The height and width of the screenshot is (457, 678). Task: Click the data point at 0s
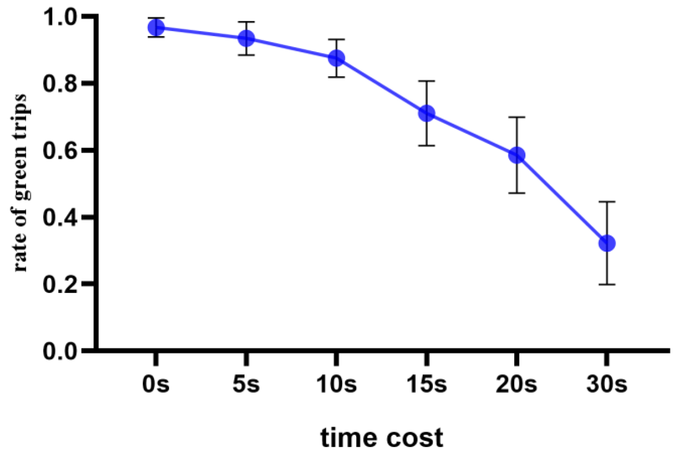pyautogui.click(x=156, y=27)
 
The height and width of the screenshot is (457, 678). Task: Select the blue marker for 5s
pyautogui.click(x=246, y=38)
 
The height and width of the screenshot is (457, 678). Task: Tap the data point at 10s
pyautogui.click(x=336, y=58)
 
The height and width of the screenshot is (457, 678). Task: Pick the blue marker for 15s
pyautogui.click(x=427, y=113)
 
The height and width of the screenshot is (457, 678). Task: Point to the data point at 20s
pyautogui.click(x=517, y=155)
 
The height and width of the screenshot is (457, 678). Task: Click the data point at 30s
pyautogui.click(x=607, y=243)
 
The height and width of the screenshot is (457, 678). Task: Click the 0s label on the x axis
pyautogui.click(x=156, y=384)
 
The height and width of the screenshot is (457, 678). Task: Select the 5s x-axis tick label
pyautogui.click(x=246, y=384)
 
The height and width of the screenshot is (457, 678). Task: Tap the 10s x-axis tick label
pyautogui.click(x=336, y=384)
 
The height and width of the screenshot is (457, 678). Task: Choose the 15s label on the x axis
pyautogui.click(x=427, y=384)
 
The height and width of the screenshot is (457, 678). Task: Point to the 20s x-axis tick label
pyautogui.click(x=516, y=384)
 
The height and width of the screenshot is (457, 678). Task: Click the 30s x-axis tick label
pyautogui.click(x=607, y=384)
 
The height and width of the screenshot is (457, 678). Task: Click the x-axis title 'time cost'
pyautogui.click(x=382, y=438)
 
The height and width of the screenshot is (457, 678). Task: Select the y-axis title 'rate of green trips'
pyautogui.click(x=21, y=183)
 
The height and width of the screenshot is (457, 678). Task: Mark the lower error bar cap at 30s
pyautogui.click(x=607, y=284)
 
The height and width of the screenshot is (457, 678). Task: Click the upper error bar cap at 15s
pyautogui.click(x=427, y=81)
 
